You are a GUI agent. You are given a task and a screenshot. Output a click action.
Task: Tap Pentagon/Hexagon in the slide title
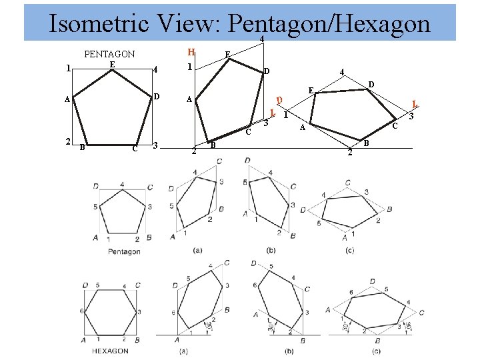point(329,25)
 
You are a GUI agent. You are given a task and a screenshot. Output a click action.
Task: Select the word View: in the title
point(191,25)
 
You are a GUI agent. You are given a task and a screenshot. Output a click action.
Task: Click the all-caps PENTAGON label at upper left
point(109,54)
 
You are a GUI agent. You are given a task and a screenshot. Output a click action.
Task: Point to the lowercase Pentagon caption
point(124,252)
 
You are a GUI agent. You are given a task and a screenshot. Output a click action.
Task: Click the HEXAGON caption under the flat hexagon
point(111,351)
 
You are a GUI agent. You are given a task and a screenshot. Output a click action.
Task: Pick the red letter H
point(191,52)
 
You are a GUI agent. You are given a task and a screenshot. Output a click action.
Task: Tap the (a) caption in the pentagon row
point(197,251)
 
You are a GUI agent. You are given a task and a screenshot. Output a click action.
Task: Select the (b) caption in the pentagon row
point(271,251)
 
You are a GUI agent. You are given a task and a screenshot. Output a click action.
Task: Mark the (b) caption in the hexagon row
point(290,351)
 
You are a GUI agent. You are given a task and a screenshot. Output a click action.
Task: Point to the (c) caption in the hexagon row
point(377,351)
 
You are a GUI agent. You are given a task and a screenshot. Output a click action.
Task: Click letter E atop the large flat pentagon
point(112,64)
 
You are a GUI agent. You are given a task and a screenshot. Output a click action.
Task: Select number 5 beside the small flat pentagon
point(95,207)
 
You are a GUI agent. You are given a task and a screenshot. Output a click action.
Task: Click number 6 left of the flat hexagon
point(82,311)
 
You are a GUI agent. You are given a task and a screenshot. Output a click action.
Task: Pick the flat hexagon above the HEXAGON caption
point(111,311)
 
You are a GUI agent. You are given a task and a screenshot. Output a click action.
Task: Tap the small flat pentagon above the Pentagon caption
point(123,211)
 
